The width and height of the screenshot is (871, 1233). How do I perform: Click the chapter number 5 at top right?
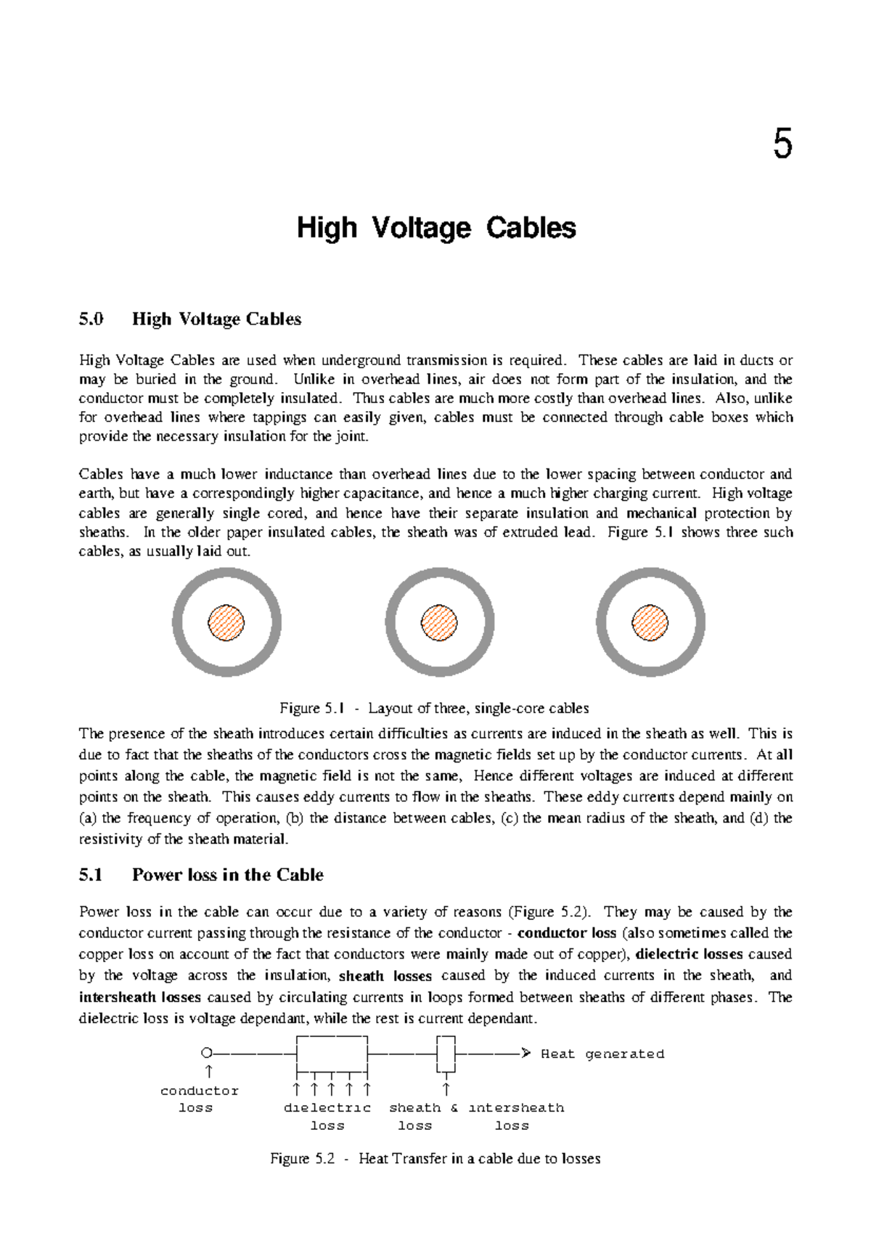tap(782, 143)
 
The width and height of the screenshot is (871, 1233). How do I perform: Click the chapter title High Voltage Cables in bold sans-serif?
tap(436, 228)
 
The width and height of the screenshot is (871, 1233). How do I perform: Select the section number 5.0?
tap(91, 320)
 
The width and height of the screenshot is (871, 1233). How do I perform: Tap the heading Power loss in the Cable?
tap(227, 875)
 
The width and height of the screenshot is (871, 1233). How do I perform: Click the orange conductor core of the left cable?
tap(226, 622)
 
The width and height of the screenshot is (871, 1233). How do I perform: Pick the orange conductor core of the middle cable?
tap(439, 622)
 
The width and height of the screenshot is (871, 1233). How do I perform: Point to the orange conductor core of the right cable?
tap(650, 622)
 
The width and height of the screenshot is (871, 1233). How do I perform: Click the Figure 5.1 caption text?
tap(434, 708)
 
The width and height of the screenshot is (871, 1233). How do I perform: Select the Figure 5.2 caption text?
tap(435, 1158)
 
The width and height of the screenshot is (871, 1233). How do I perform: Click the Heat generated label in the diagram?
tap(602, 1054)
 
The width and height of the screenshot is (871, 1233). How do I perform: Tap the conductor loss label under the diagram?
tap(198, 1099)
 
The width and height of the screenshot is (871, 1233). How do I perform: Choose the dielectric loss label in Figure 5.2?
tap(327, 1116)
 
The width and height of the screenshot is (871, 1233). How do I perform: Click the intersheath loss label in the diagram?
tap(515, 1116)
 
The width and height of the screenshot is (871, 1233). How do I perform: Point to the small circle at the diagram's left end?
tap(206, 1053)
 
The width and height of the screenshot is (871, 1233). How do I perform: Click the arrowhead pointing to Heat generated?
tap(526, 1053)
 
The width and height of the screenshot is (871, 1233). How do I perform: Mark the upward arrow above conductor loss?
tap(209, 1071)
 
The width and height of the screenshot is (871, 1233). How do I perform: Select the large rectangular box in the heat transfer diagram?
tap(332, 1053)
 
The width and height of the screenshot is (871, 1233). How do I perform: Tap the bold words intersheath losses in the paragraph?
tap(139, 997)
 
